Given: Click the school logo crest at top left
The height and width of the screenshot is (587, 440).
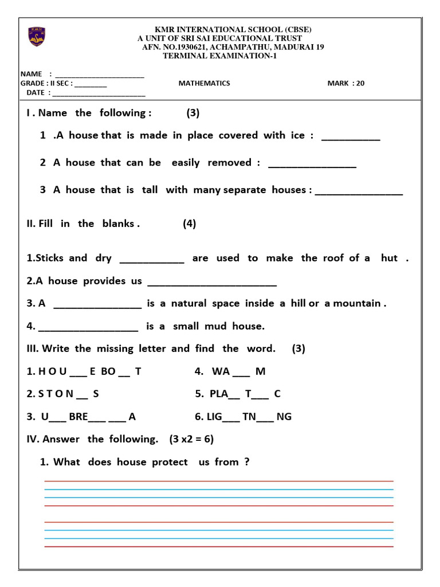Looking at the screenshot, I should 37,37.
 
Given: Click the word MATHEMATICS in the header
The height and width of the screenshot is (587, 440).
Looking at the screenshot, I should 204,83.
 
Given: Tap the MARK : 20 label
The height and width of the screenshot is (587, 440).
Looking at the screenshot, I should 345,83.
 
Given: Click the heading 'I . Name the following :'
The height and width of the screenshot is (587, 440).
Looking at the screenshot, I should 89,113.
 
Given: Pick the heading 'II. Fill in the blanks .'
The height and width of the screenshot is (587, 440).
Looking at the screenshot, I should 83,224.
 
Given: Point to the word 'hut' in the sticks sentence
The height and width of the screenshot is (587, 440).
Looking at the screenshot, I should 389,258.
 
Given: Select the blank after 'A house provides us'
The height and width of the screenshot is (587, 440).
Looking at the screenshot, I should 212,284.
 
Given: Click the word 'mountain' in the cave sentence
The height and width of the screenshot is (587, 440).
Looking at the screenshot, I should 361,303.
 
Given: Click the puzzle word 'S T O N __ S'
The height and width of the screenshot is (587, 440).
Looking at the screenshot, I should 63,394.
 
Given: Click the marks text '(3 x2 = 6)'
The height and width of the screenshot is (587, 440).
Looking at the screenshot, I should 191,439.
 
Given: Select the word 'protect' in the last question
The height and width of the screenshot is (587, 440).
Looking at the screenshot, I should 170,462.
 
